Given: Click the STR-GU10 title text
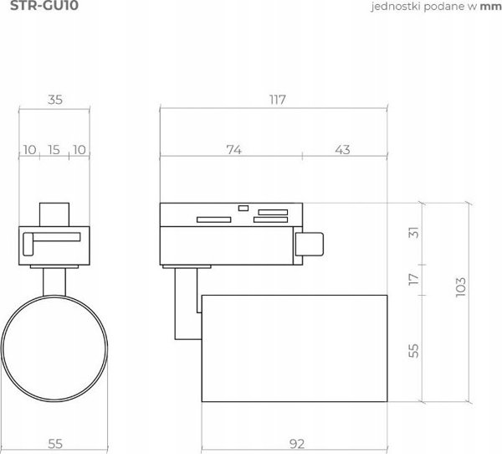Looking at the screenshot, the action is (x=44, y=6).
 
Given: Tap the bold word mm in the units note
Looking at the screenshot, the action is (x=490, y=7).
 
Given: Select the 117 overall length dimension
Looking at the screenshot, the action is (x=277, y=100).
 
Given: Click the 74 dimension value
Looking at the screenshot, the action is (x=234, y=150).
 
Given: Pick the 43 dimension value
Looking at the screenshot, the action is (x=342, y=150).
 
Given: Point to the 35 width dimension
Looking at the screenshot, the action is (x=55, y=100).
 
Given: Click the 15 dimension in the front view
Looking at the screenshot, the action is (x=54, y=150).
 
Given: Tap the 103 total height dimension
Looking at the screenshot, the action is (x=461, y=287).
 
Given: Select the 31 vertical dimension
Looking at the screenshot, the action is (x=413, y=233).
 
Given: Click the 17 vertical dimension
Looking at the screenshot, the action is (x=413, y=279).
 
